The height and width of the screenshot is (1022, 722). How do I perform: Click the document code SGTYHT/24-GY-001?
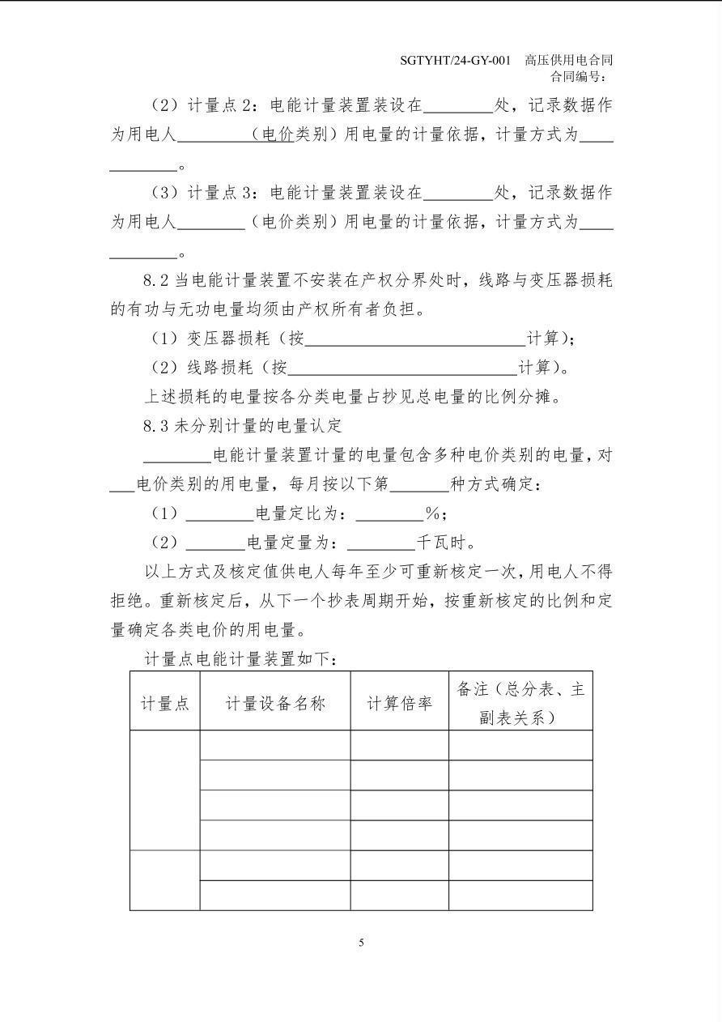[455, 61]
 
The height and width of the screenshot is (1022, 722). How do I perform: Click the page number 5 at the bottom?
[361, 943]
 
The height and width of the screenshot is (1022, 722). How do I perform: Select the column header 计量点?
[165, 703]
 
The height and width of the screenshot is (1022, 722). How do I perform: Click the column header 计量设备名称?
[274, 703]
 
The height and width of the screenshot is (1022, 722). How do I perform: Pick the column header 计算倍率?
[399, 703]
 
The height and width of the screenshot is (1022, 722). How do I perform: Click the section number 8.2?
[155, 281]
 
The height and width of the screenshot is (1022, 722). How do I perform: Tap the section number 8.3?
[155, 425]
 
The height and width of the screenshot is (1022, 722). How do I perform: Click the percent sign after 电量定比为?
[433, 513]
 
